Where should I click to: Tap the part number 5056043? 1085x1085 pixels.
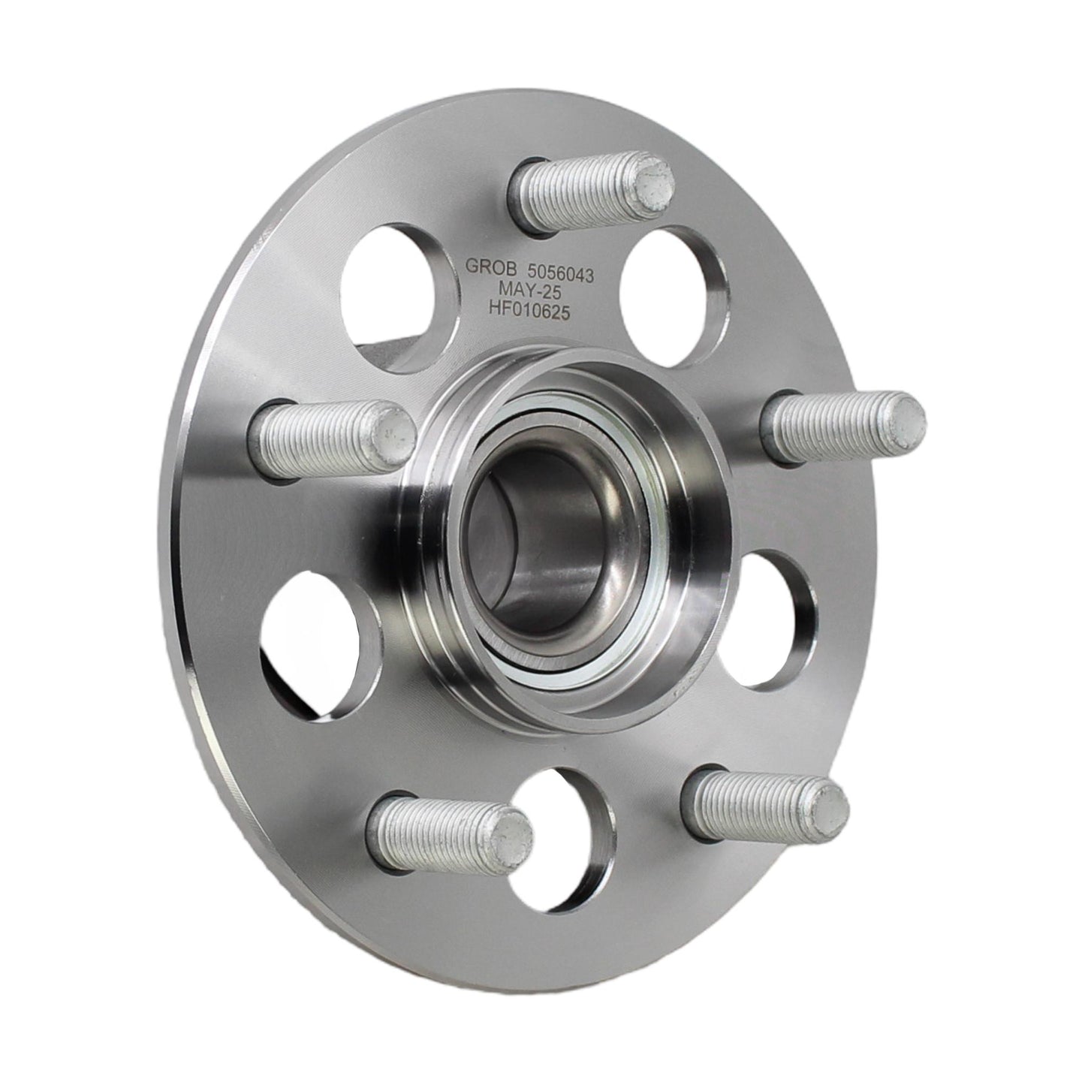pyautogui.click(x=553, y=274)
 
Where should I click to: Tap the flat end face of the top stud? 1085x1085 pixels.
pyautogui.click(x=653, y=181)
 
